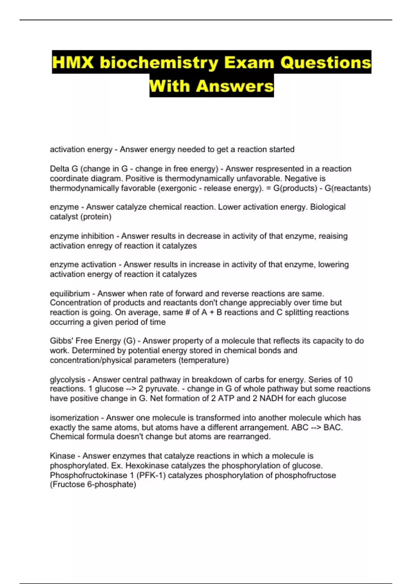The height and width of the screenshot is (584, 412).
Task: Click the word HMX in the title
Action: (73, 63)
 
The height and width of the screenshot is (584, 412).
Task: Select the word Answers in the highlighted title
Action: (235, 86)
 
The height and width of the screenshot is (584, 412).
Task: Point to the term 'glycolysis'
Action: (67, 379)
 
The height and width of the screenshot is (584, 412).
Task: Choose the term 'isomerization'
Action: (74, 418)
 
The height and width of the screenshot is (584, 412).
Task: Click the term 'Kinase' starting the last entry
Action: (62, 456)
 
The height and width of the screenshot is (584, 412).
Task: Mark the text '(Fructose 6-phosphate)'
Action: (93, 484)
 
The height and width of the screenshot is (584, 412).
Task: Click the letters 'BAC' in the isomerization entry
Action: (333, 427)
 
